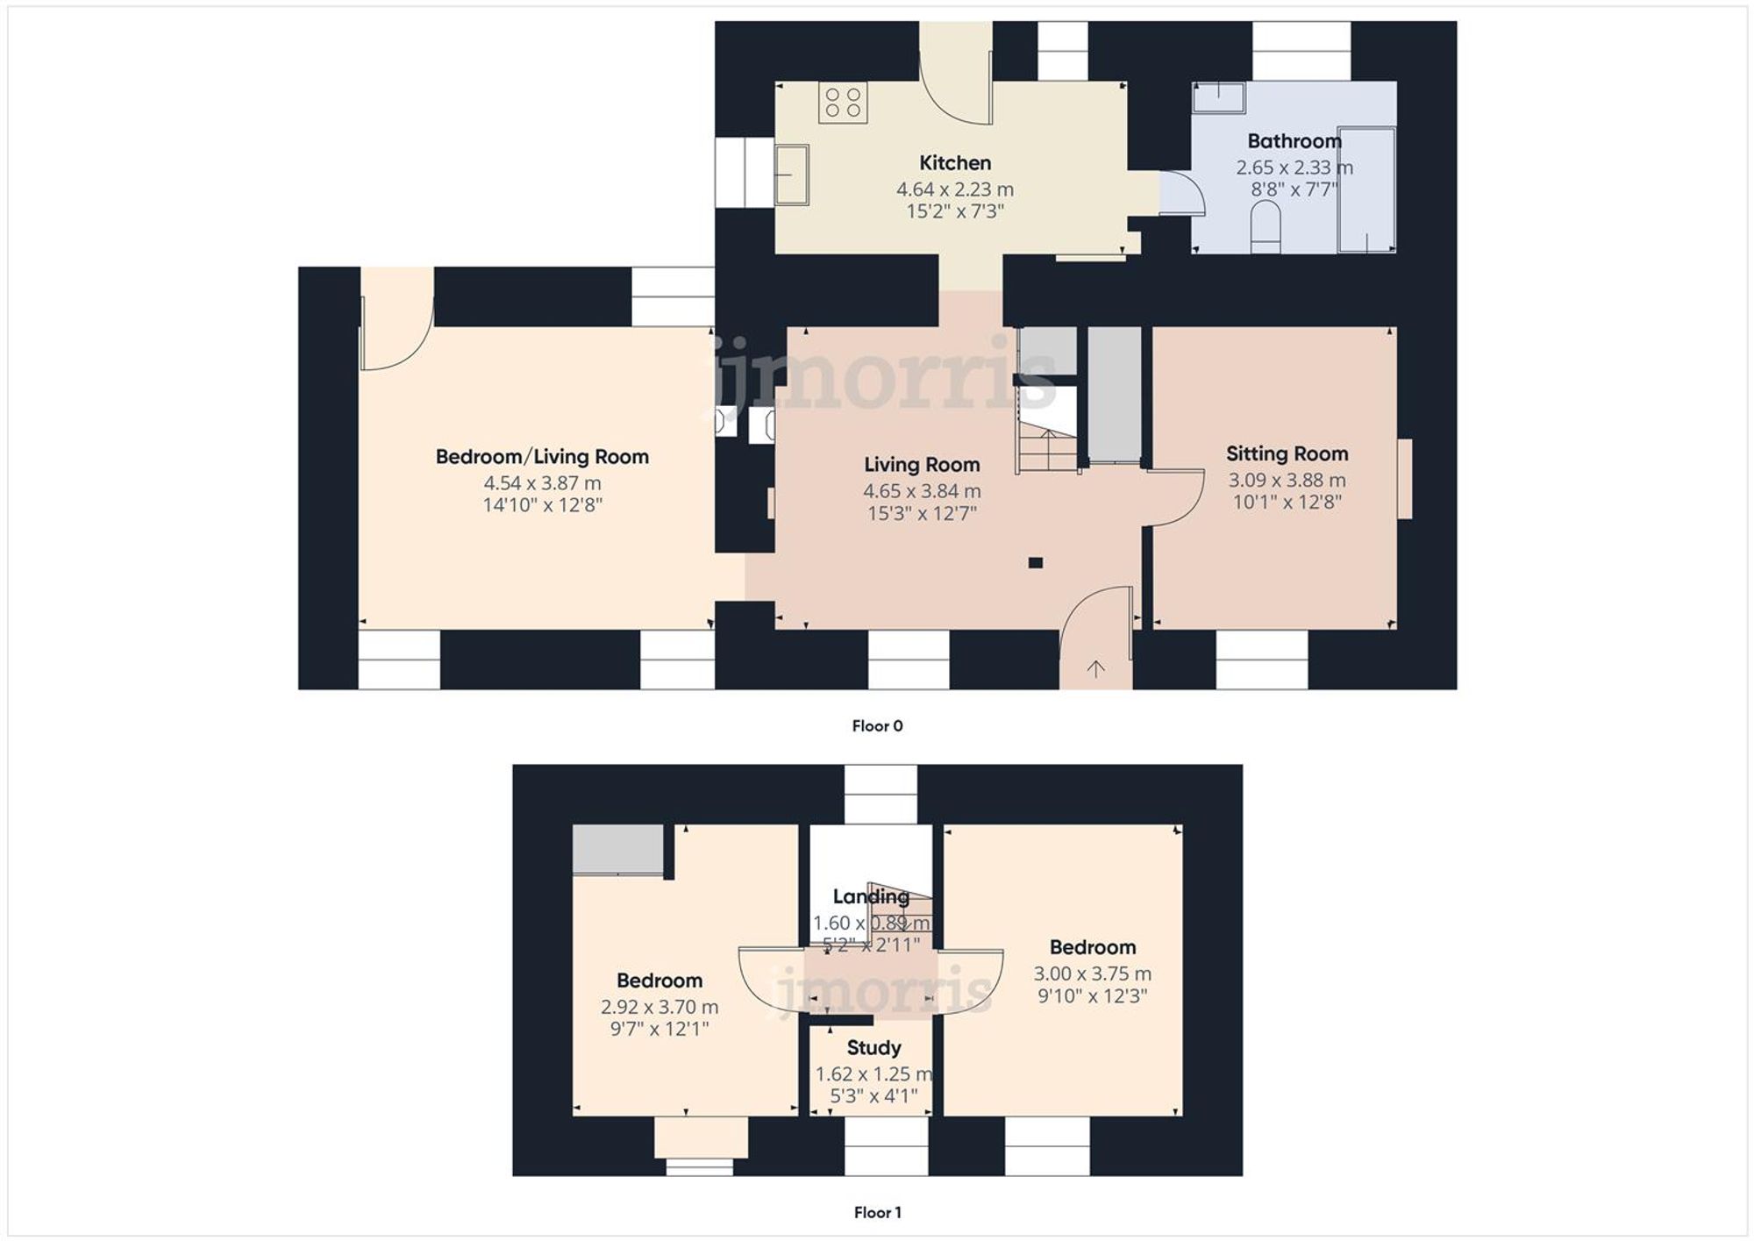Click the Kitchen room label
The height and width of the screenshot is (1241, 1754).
[954, 163]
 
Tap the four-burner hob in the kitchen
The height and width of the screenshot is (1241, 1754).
[843, 103]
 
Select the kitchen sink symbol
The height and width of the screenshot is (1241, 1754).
[791, 175]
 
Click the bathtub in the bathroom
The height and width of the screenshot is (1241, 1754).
[1366, 189]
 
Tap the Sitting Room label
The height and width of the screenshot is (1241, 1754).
[1287, 454]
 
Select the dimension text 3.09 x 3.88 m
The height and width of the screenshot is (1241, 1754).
[1287, 481]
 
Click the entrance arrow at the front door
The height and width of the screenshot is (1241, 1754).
[1095, 669]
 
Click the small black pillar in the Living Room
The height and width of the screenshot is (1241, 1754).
[1036, 563]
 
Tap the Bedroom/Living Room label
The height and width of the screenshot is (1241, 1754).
[542, 457]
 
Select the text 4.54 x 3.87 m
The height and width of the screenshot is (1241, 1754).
[542, 483]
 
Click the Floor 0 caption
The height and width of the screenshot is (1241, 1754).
[877, 726]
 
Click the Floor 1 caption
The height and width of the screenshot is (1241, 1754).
[877, 1213]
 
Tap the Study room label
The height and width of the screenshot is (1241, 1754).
[873, 1048]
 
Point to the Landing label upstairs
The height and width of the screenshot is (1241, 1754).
[870, 896]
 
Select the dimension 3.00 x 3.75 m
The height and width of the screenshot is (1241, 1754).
[1092, 974]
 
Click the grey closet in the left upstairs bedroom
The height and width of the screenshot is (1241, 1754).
[617, 849]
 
